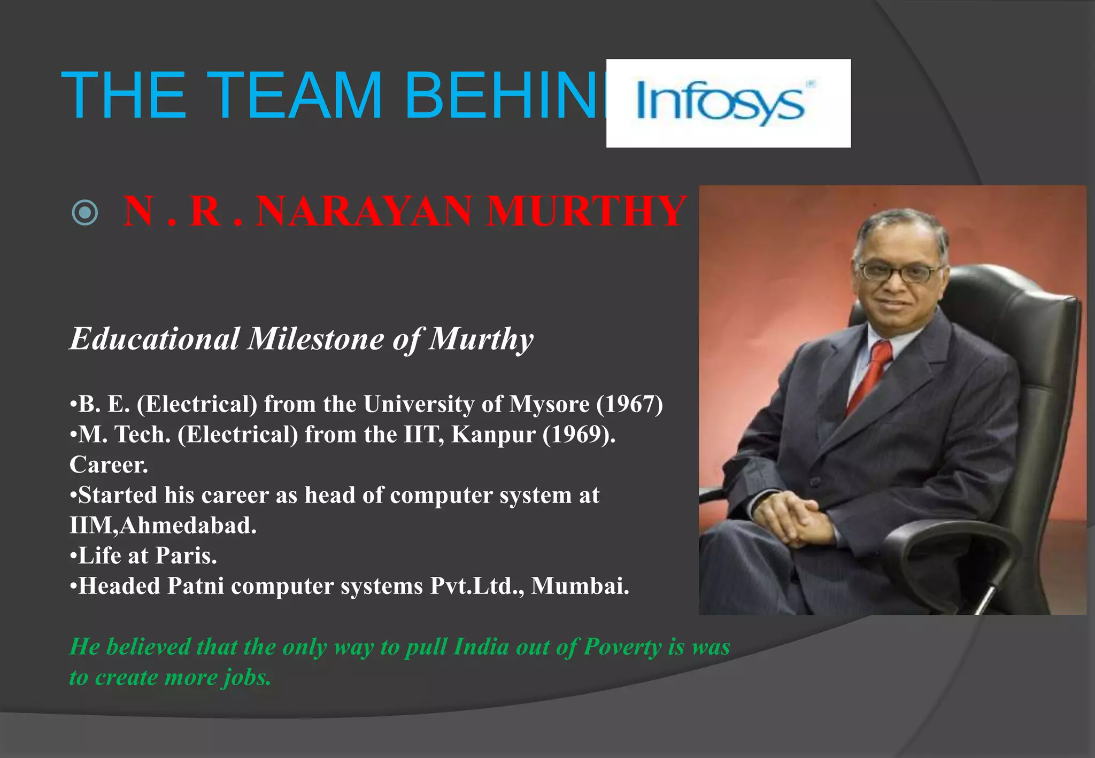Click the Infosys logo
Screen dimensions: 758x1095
(728, 103)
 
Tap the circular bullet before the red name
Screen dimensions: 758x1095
(85, 213)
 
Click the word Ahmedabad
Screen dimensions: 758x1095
(188, 526)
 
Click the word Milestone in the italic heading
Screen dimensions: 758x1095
(316, 339)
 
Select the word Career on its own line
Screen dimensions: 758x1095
(109, 465)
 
